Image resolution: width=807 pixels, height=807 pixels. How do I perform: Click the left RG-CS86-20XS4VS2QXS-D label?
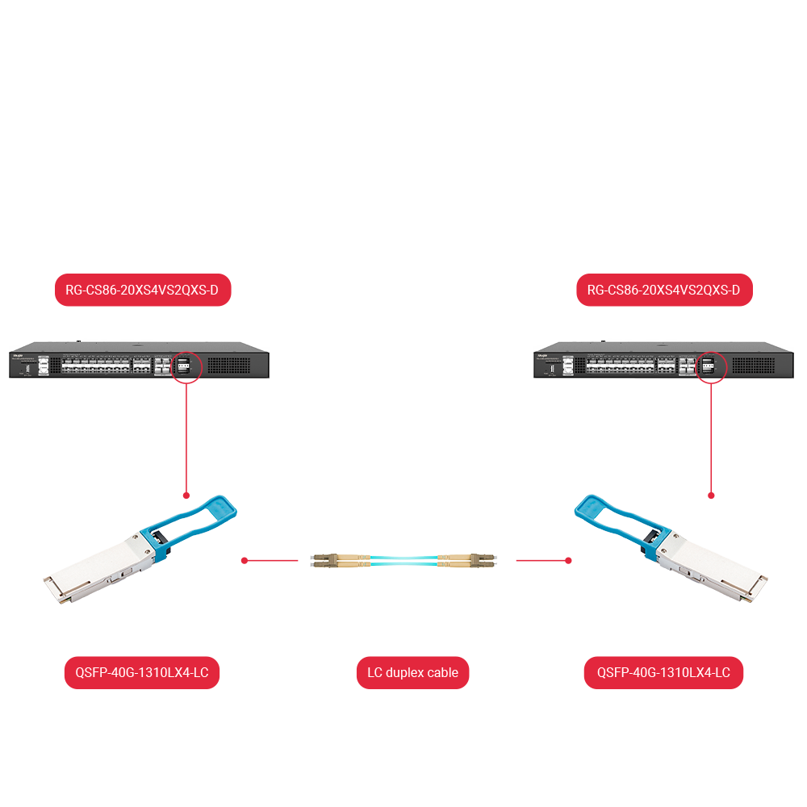click(143, 291)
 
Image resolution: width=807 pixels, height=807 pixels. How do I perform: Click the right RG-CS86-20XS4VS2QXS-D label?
click(664, 291)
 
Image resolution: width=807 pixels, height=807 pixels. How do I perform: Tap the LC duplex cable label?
click(412, 672)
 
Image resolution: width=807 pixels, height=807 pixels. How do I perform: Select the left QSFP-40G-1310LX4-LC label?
click(142, 672)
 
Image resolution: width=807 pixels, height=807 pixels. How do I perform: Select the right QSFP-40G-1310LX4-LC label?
click(663, 672)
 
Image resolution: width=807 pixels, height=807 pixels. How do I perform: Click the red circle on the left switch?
click(186, 366)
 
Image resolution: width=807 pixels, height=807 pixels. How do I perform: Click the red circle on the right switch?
click(711, 366)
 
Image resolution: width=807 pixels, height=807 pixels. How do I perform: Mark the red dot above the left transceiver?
click(186, 495)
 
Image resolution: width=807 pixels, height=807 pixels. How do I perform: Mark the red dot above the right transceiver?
click(711, 495)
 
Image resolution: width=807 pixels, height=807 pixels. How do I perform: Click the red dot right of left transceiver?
click(244, 559)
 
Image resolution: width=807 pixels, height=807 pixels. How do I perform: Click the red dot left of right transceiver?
click(568, 559)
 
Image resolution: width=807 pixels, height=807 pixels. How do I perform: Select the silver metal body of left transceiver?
click(97, 573)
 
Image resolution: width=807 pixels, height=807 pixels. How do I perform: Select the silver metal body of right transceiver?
click(710, 573)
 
